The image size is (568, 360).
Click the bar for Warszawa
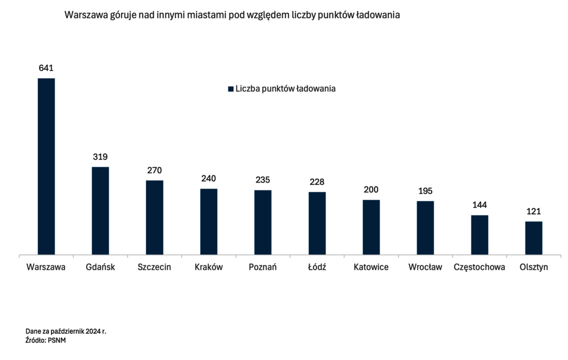coord(46,167)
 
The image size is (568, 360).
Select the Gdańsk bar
coord(100,211)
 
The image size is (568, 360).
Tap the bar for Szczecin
coord(154,218)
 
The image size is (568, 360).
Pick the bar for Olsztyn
coord(534,238)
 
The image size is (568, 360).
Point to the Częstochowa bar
coord(479,235)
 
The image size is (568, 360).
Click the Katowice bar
coord(371,227)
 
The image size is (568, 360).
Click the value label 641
coord(46,68)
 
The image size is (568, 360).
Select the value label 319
coord(100,157)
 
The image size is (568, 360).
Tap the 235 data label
coord(263,180)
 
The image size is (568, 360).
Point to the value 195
coord(425,191)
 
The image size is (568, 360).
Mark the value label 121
coord(534,211)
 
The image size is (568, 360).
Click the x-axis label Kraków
coord(209,267)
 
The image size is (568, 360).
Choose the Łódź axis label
coord(317,267)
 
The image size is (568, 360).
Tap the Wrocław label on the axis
coord(425,267)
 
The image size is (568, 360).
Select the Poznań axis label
coord(263,267)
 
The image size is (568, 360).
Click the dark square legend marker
coord(231,89)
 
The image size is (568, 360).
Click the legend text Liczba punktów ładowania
coord(285,88)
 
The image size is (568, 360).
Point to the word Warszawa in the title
coord(86,15)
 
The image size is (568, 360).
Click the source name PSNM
coord(57,340)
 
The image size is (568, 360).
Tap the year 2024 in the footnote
coord(93,331)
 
